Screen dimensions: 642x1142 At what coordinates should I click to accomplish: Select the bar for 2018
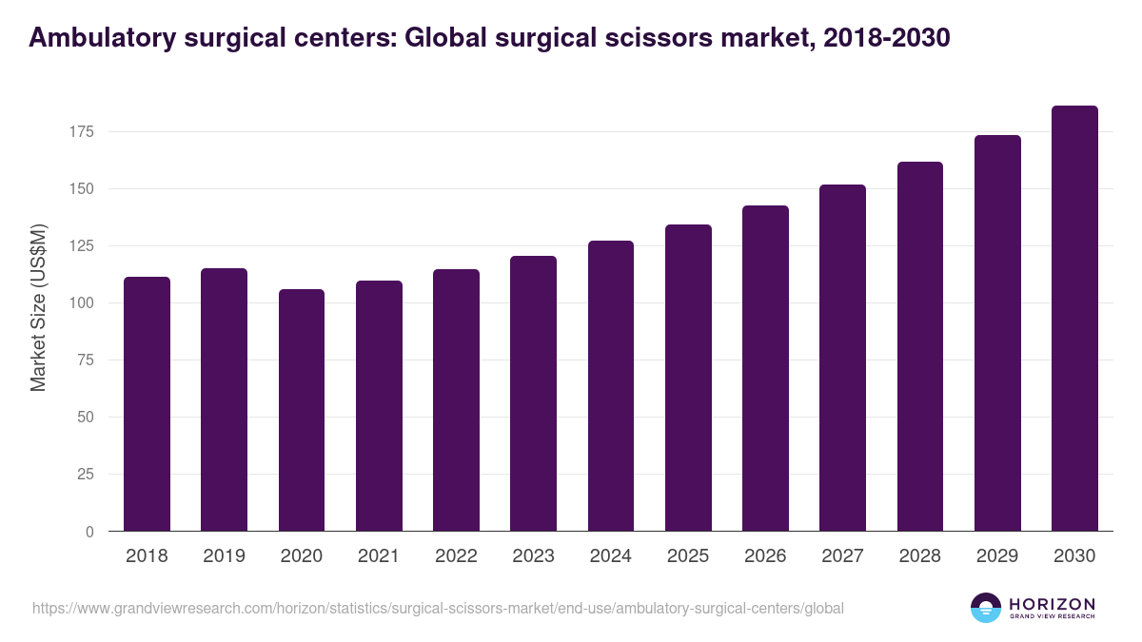click(147, 404)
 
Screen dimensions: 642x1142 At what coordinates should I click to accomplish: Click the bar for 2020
click(302, 410)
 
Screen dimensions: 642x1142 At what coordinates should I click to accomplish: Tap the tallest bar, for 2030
click(1074, 319)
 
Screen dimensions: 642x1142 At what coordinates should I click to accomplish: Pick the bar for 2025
click(688, 378)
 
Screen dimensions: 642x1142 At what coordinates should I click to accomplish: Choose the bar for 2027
click(842, 358)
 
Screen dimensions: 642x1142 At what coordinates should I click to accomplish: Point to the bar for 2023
click(533, 394)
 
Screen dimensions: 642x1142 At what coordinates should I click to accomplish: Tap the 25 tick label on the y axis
click(86, 474)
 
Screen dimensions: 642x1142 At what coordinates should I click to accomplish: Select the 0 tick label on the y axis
click(89, 532)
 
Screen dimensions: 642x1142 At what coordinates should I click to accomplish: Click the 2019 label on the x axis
click(224, 556)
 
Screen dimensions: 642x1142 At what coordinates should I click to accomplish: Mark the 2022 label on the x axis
click(456, 556)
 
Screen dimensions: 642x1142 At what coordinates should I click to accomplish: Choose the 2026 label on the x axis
click(765, 556)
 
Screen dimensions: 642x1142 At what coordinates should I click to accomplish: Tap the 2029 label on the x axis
click(997, 556)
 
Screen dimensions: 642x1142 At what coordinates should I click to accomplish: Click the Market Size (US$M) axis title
click(38, 307)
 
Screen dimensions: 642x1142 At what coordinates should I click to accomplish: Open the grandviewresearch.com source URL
click(438, 608)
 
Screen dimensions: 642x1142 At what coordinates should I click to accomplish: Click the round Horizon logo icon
click(986, 608)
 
